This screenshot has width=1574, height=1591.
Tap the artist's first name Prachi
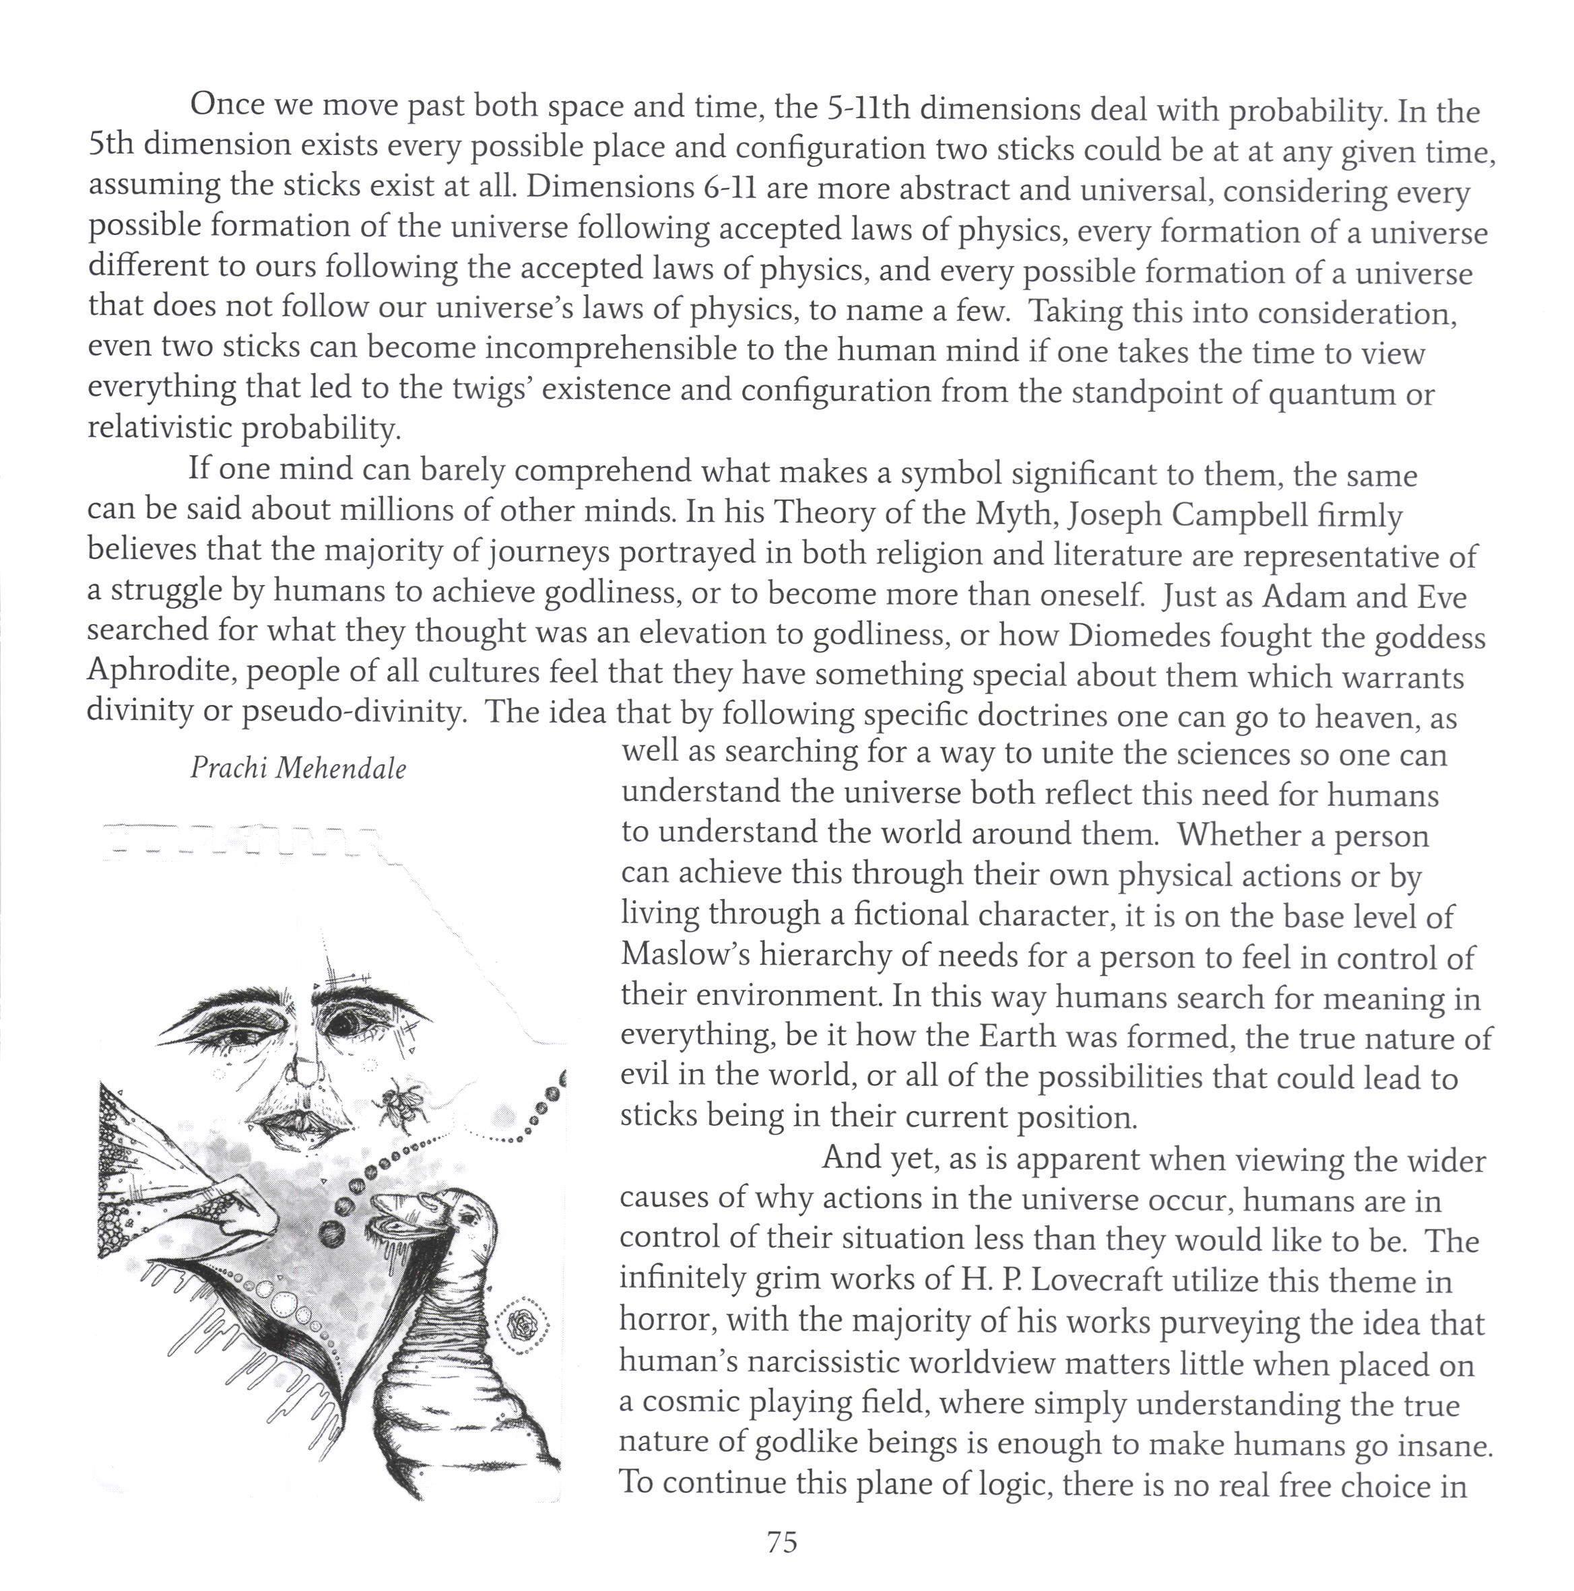230,768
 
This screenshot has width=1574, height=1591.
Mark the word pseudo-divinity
354,712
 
